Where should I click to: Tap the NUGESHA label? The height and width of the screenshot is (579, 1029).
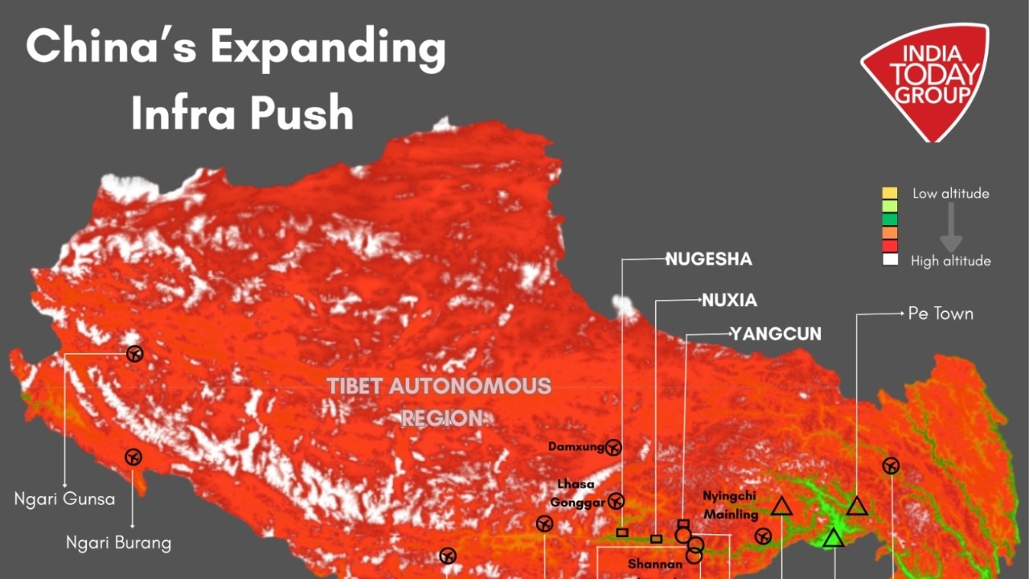point(708,259)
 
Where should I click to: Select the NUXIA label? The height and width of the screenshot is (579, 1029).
point(729,301)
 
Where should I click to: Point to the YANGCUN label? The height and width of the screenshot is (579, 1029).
point(775,334)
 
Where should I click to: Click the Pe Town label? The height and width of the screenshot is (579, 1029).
point(940,314)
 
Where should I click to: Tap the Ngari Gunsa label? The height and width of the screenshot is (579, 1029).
point(64,499)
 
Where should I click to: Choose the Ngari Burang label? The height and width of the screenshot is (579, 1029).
point(118,543)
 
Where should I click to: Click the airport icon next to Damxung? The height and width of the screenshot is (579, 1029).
point(613,446)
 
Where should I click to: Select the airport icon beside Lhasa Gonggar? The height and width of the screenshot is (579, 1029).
point(616,501)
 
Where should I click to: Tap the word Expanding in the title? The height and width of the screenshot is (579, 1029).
point(327,47)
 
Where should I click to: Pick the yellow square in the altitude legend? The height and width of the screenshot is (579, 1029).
point(889,193)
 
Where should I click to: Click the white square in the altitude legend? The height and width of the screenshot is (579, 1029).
point(889,260)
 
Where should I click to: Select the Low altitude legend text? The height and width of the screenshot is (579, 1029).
point(950,193)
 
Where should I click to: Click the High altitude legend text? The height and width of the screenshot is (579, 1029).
point(950,261)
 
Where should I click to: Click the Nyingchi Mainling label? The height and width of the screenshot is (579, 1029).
point(730,505)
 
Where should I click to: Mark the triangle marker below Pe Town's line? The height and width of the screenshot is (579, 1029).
point(857,507)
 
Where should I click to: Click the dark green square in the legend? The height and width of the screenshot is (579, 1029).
point(889,220)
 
